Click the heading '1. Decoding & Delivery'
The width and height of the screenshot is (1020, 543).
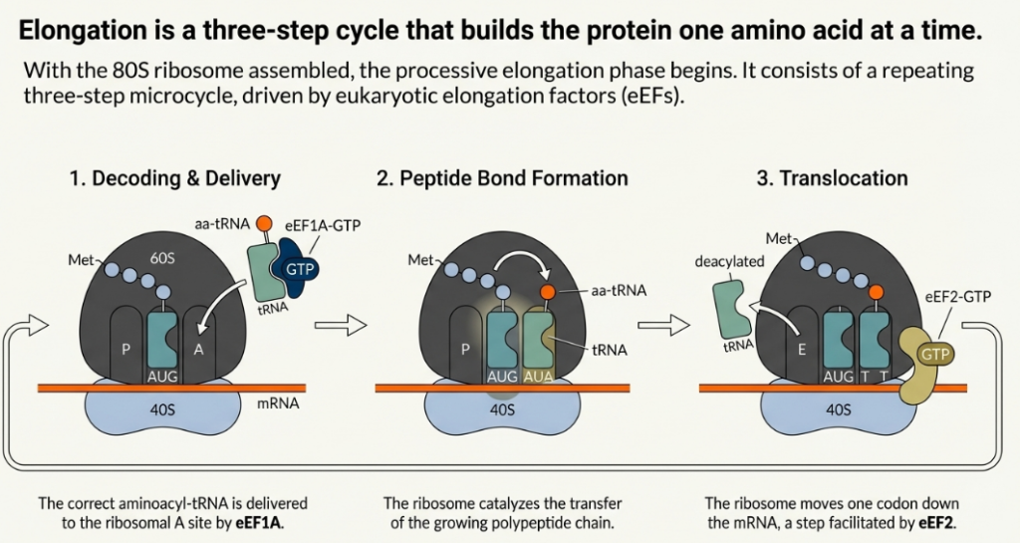point(174,179)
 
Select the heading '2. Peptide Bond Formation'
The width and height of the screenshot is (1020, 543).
point(502,179)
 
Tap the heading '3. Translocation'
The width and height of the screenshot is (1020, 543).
point(832,179)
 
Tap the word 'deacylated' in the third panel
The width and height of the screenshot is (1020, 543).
point(728,261)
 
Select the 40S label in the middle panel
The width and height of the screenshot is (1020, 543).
point(502,409)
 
